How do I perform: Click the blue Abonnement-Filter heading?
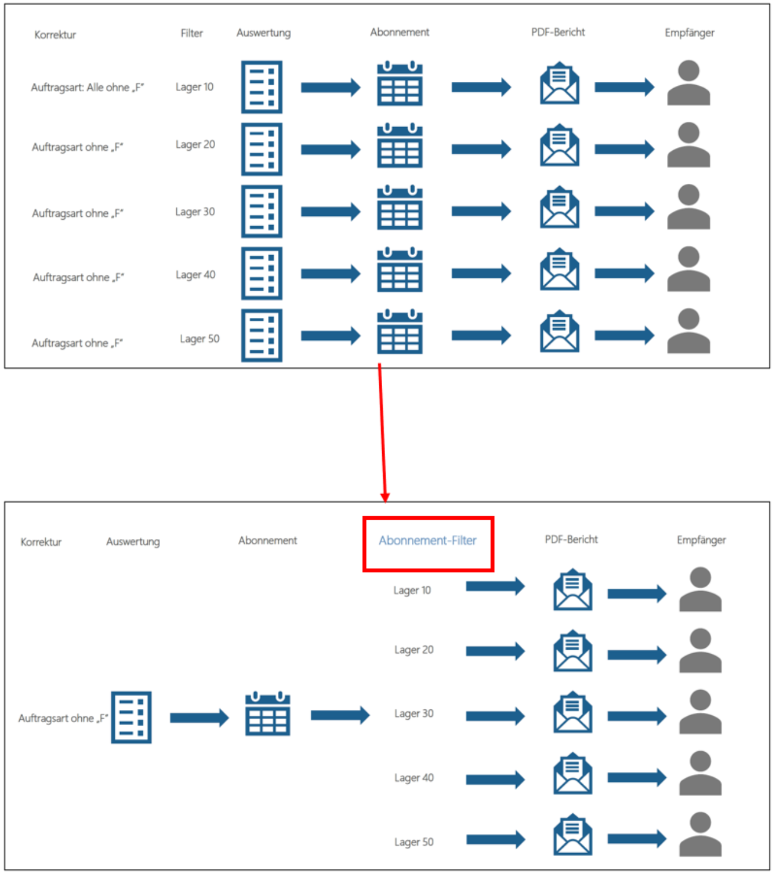coord(427,540)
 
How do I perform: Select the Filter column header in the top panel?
coord(191,33)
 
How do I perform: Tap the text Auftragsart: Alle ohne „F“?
coord(88,88)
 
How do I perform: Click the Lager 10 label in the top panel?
coord(194,87)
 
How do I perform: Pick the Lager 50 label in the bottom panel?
coord(414,842)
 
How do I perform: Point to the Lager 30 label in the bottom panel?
coord(414,713)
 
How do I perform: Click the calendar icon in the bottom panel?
coord(267,713)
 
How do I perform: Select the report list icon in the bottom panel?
coord(131,717)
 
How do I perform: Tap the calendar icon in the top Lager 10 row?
coord(400,83)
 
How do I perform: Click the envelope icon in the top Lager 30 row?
coord(559,207)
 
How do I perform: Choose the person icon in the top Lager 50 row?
coord(688,331)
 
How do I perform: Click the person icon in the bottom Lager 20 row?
coord(700,651)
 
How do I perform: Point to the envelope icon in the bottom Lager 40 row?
coord(572,773)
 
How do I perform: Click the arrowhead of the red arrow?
coord(385,497)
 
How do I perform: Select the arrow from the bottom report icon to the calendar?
coord(199,718)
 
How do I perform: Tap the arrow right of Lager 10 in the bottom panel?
coord(495,586)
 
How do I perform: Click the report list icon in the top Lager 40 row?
coord(262,274)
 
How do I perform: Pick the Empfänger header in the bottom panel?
coord(701,540)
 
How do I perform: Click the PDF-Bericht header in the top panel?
coord(558,32)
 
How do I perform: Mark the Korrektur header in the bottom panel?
coord(41,542)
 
